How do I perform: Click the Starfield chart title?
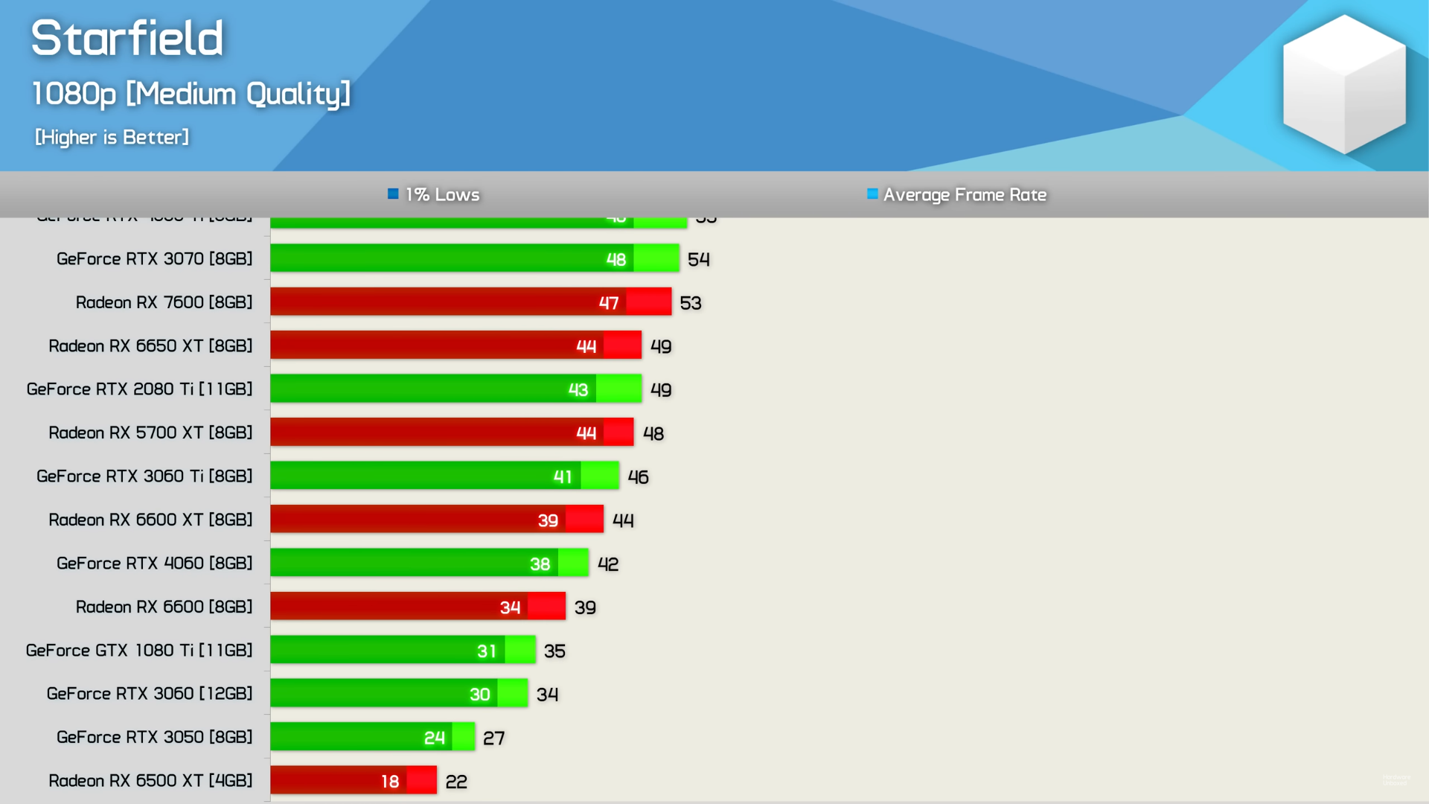(127, 38)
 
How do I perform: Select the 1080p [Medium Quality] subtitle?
(191, 94)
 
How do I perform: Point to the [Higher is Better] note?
(112, 137)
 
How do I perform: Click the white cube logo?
(1343, 84)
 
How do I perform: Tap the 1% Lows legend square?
(393, 194)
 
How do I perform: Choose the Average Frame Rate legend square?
(872, 194)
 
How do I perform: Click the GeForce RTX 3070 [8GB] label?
(155, 258)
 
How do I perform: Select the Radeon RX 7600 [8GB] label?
(164, 302)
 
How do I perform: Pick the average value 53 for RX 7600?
(691, 303)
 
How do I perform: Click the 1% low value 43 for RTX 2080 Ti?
(578, 389)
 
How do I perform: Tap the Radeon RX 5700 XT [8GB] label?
(150, 433)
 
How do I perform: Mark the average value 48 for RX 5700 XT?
(653, 433)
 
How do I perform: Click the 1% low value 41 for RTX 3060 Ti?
(563, 476)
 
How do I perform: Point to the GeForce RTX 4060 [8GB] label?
(155, 563)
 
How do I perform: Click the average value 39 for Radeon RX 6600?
(585, 607)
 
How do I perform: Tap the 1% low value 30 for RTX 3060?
(480, 695)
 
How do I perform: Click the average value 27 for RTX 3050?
(494, 738)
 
